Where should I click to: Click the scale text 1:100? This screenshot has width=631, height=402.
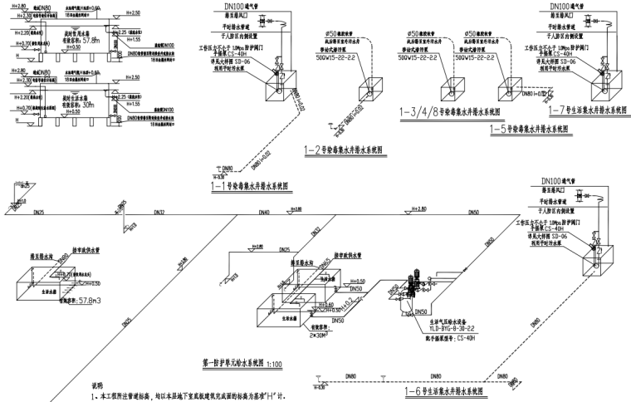278,363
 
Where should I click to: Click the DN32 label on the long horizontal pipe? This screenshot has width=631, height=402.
159,213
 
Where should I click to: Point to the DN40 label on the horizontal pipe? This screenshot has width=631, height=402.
264,213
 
